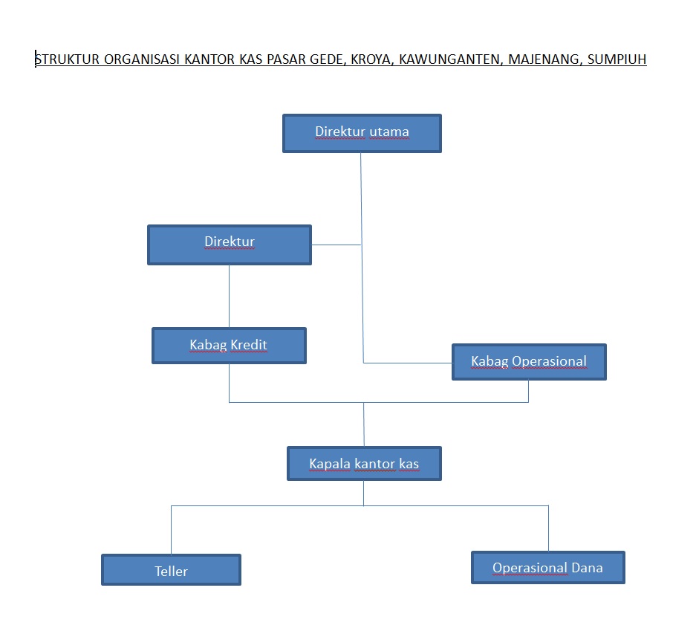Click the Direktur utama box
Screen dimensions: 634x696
(362, 133)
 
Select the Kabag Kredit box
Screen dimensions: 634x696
(229, 346)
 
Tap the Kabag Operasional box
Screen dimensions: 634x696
(529, 362)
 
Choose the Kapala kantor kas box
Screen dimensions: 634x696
(364, 464)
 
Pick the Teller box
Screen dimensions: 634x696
(171, 570)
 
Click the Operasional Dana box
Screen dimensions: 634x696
(548, 568)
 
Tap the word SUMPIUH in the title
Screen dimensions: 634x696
(617, 59)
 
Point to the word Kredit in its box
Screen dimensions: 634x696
(248, 345)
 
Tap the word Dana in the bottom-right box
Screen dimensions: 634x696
(587, 568)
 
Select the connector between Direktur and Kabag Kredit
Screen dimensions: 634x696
(229, 296)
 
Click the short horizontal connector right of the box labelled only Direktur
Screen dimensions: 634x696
(336, 245)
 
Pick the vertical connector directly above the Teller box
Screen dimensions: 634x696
(172, 529)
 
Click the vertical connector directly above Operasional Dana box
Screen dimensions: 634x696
(548, 528)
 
